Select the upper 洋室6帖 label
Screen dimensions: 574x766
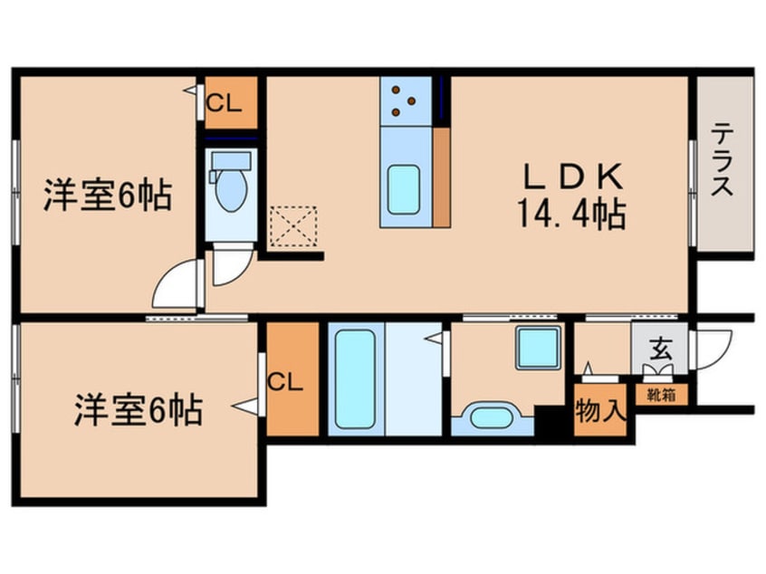tap(107, 196)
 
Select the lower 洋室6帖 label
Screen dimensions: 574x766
tap(138, 410)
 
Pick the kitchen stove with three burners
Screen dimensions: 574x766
tap(405, 100)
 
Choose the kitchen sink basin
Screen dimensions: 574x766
tap(403, 188)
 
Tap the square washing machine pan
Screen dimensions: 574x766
tap(538, 348)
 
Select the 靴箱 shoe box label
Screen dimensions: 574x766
tap(660, 395)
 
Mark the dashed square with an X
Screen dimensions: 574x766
tap(293, 226)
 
